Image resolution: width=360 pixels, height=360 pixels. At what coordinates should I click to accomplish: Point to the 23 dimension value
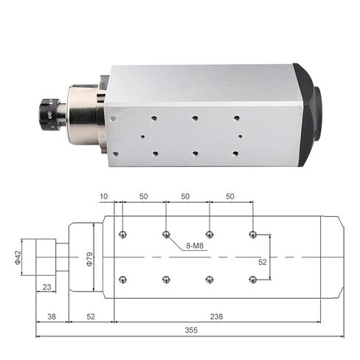(x=48, y=287)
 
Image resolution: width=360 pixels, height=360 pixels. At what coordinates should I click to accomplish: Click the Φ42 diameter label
(x=17, y=257)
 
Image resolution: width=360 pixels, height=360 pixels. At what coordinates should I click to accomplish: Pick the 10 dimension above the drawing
(x=105, y=197)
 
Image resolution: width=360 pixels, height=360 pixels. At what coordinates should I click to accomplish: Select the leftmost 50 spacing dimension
(x=143, y=197)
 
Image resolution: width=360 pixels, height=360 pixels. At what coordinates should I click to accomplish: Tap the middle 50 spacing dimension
(x=187, y=197)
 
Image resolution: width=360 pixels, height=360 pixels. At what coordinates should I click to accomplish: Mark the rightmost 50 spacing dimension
(x=231, y=197)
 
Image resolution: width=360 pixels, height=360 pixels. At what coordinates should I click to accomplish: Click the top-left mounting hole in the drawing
(x=122, y=235)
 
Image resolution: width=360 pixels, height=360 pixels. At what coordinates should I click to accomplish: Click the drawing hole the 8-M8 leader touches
(x=166, y=235)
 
